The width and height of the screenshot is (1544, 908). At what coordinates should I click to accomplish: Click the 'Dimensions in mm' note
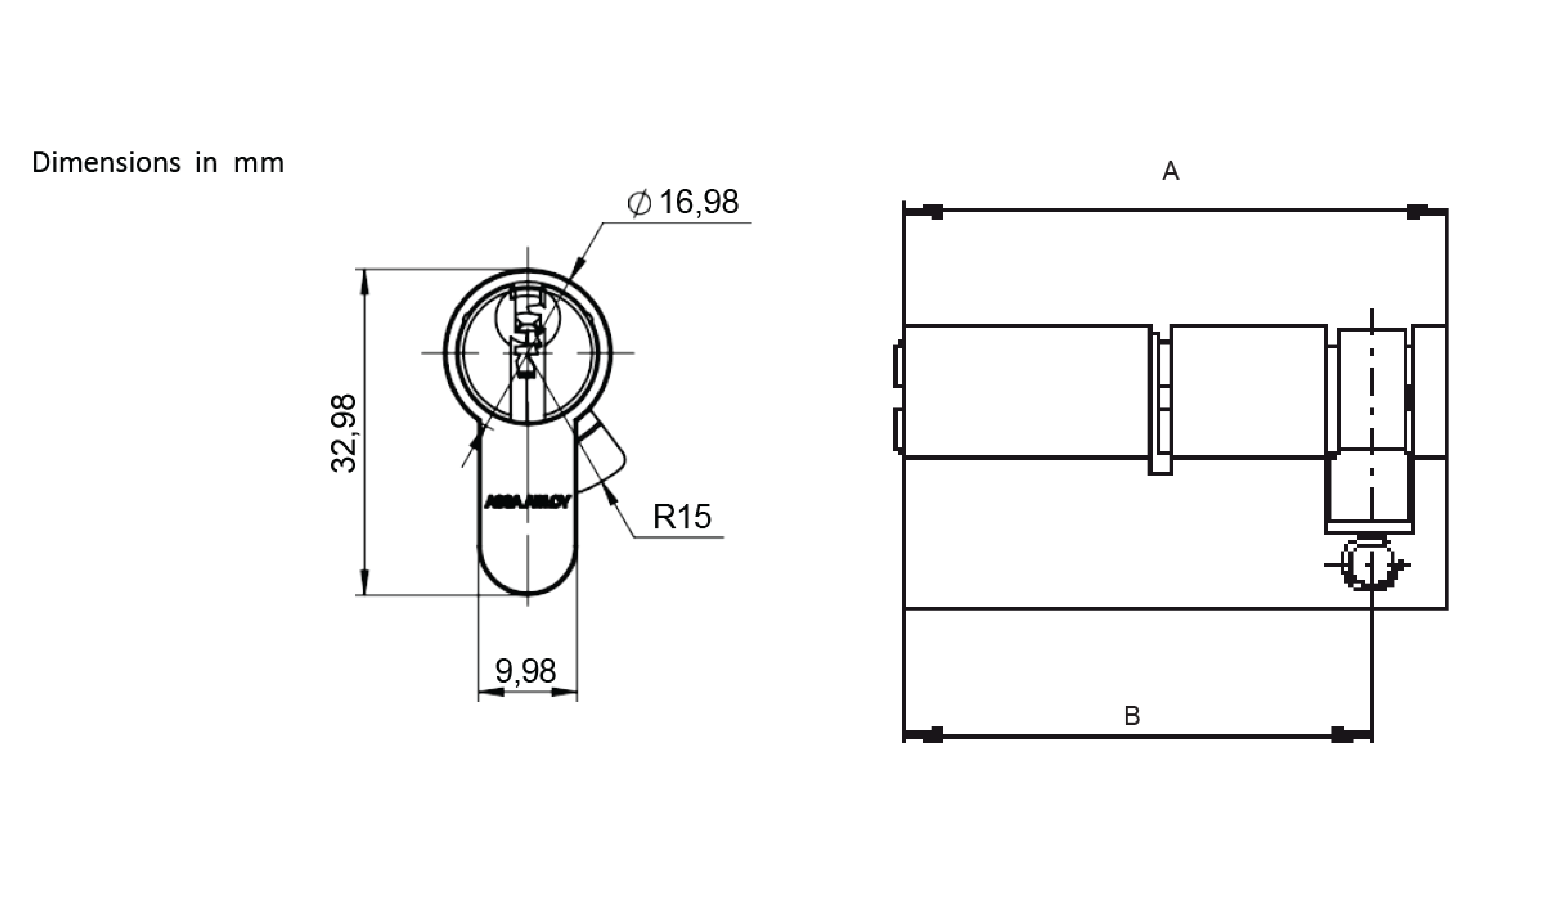tap(158, 163)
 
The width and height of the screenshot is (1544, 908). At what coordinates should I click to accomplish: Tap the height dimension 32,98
tap(343, 433)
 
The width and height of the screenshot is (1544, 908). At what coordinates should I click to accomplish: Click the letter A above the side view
tap(1170, 171)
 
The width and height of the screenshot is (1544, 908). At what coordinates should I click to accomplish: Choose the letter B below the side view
tap(1132, 716)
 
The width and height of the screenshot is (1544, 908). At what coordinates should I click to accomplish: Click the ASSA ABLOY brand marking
tap(527, 502)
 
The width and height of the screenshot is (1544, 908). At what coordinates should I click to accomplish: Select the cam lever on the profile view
tap(604, 453)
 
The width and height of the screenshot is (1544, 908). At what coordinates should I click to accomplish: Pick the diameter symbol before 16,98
tap(639, 203)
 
